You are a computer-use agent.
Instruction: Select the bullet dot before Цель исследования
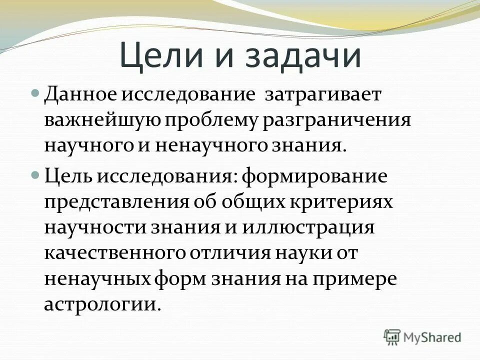coord(35,175)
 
